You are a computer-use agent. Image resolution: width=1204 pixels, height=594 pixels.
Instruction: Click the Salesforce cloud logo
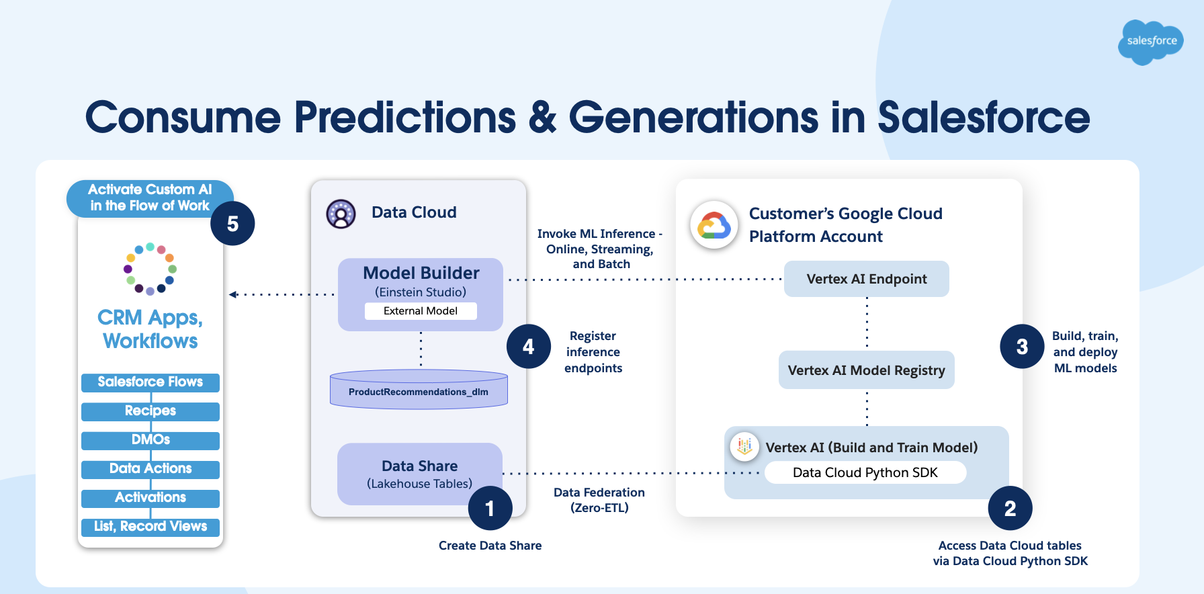[x=1151, y=42]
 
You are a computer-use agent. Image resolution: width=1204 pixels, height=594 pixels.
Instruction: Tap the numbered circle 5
[x=232, y=224]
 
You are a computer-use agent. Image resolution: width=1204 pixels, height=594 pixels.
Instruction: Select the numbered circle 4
[x=529, y=347]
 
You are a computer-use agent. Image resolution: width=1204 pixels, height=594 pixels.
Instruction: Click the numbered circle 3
[x=1022, y=347]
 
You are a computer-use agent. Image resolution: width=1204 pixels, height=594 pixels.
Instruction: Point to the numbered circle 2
[x=1010, y=509]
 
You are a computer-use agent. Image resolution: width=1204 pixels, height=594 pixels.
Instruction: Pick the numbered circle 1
[x=490, y=509]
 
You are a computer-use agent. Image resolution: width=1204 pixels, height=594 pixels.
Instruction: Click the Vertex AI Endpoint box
[x=866, y=279]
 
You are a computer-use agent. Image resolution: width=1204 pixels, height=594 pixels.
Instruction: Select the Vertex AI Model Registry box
[x=866, y=370]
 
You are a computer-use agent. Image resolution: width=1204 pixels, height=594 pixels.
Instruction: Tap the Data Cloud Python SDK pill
[x=865, y=472]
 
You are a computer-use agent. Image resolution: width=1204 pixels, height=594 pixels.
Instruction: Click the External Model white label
[x=421, y=311]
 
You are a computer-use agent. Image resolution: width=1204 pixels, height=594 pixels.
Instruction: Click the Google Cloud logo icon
[x=714, y=225]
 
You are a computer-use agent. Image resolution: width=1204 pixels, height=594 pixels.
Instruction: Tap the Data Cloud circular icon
[x=341, y=214]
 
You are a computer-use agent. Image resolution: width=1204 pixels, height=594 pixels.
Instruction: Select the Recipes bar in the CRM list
[x=150, y=411]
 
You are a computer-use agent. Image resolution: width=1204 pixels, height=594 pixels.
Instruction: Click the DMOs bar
[x=150, y=440]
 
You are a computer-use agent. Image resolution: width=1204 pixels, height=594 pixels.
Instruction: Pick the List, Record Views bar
[x=150, y=527]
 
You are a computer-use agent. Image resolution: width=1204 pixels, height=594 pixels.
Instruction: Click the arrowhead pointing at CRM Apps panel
[x=232, y=294]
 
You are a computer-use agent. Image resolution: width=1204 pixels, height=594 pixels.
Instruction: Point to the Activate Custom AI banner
[x=150, y=198]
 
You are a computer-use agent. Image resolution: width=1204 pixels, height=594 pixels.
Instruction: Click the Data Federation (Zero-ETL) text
[x=599, y=500]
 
